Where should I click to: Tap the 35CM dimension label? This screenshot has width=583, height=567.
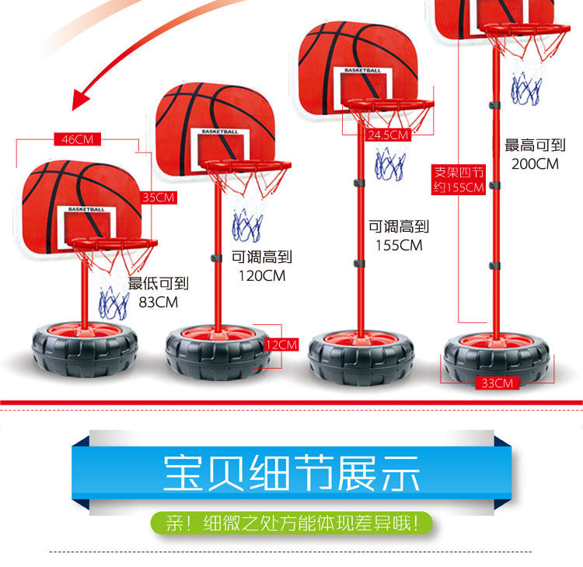pyautogui.click(x=159, y=198)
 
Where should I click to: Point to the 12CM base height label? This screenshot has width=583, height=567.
pyautogui.click(x=281, y=344)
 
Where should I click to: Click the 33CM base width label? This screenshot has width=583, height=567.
pyautogui.click(x=497, y=383)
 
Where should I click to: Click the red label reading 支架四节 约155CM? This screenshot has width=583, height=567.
pyautogui.click(x=459, y=180)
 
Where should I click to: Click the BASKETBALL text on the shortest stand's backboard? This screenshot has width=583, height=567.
pyautogui.click(x=86, y=209)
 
